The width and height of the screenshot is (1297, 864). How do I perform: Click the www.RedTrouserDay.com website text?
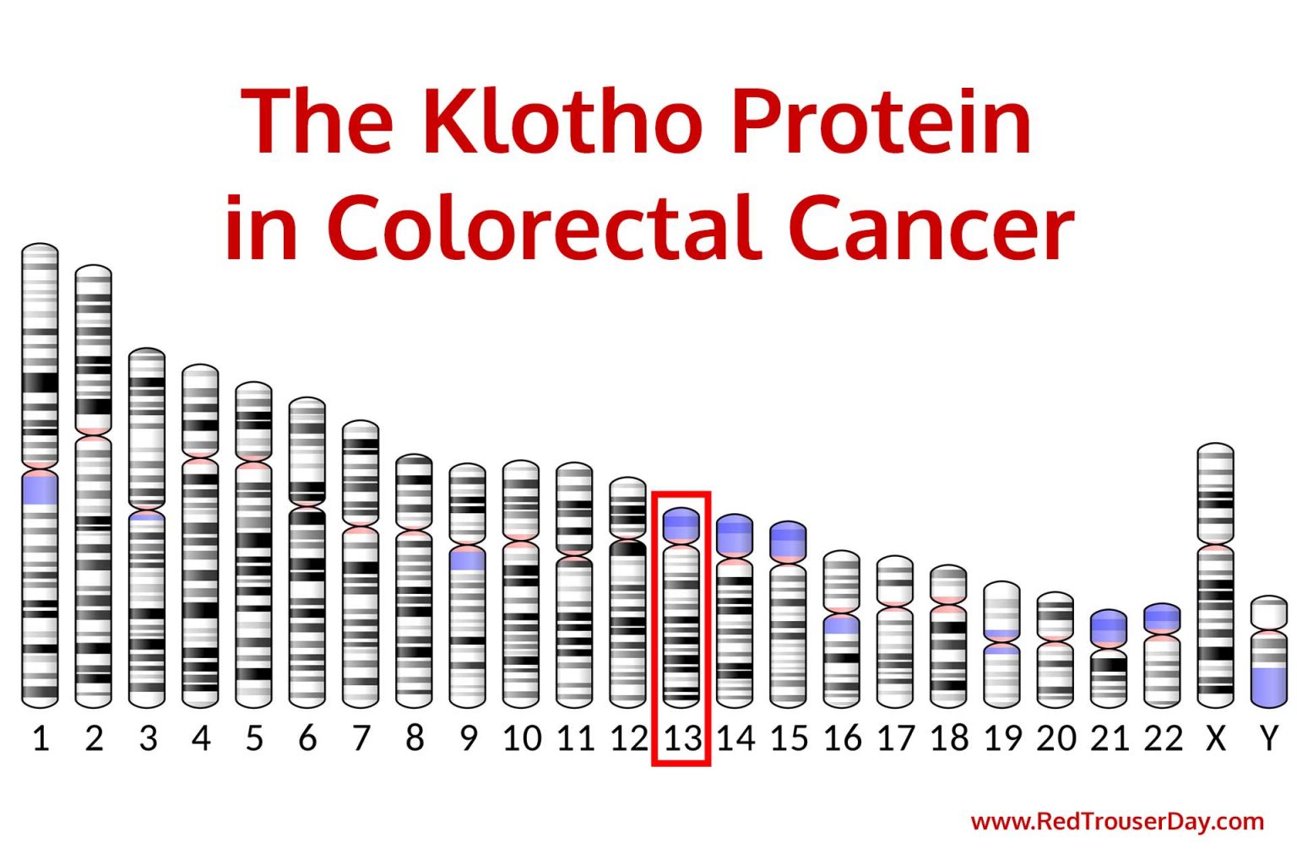click(1116, 821)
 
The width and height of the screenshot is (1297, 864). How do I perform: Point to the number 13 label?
click(681, 738)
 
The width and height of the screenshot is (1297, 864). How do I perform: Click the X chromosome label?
click(1215, 738)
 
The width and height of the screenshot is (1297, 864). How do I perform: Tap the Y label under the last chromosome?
click(1268, 738)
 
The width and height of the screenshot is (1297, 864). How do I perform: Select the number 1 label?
click(40, 738)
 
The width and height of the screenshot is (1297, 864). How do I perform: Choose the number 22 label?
click(1163, 738)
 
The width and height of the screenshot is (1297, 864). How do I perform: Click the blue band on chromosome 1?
click(40, 489)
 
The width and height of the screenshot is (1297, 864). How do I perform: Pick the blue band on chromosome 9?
click(467, 559)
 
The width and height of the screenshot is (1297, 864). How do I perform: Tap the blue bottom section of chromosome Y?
click(1268, 685)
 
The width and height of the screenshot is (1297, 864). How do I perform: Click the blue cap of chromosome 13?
click(681, 525)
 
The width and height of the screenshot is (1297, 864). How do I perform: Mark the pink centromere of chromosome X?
click(1215, 547)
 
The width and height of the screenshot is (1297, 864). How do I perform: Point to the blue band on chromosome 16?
click(841, 625)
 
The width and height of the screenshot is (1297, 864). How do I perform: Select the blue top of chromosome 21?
click(1108, 627)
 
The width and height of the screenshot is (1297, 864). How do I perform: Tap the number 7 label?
click(361, 738)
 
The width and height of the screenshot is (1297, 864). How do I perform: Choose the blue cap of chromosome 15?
click(788, 540)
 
